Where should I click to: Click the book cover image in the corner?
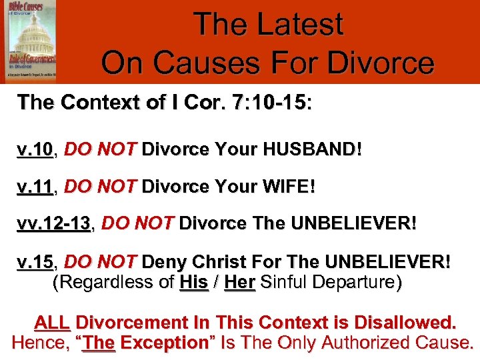tap(31, 41)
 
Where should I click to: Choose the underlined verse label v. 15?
tap(35, 261)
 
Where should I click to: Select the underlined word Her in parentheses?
tap(239, 283)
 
